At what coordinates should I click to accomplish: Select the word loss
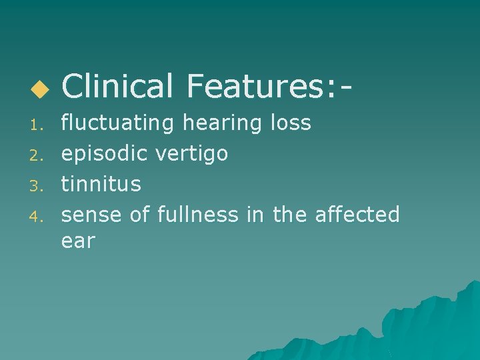[x=291, y=123]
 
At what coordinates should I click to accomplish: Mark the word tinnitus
[x=101, y=183]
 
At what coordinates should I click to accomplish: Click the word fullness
[x=197, y=214]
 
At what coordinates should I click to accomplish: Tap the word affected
[x=357, y=214]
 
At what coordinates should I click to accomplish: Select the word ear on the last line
[x=78, y=241]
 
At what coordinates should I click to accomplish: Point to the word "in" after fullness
[x=256, y=214]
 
